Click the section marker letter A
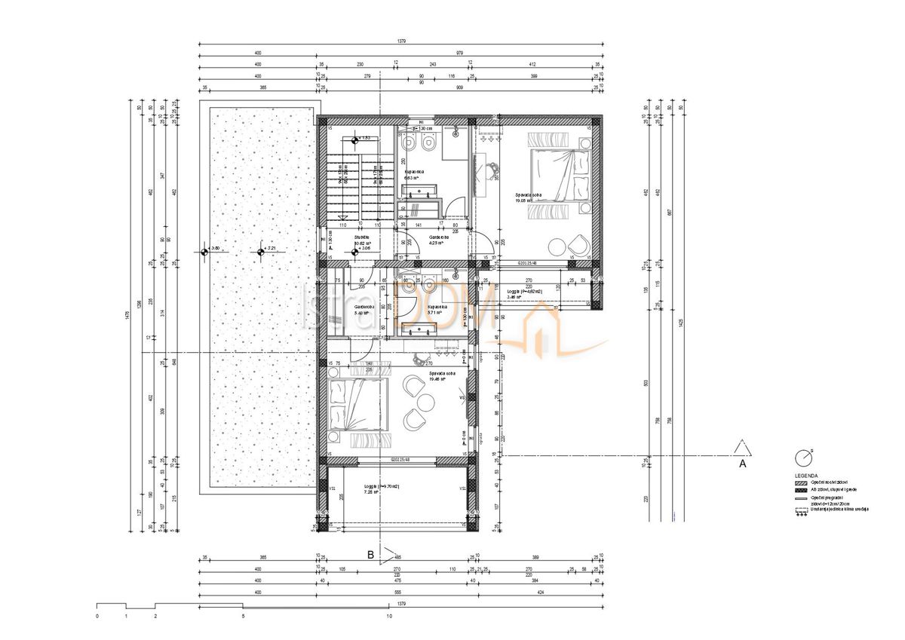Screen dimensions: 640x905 (x=742, y=464)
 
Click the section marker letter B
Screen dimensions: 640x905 (x=370, y=554)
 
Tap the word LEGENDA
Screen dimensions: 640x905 (x=805, y=476)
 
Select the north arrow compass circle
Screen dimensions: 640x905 (x=802, y=458)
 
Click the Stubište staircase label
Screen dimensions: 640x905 (x=361, y=237)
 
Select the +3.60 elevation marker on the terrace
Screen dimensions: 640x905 (x=205, y=251)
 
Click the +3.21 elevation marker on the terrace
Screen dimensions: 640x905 (x=260, y=251)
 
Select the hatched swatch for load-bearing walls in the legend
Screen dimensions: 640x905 (x=802, y=483)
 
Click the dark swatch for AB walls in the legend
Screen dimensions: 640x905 (x=802, y=491)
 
